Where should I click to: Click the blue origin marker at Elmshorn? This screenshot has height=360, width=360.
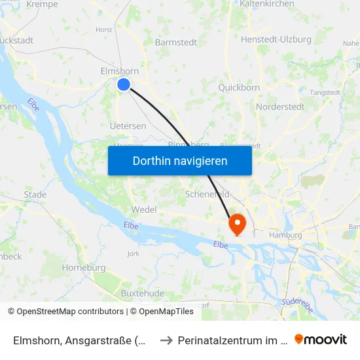[x=124, y=84]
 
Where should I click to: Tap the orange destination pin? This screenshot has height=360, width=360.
[x=236, y=224]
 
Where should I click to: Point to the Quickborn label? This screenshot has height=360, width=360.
[x=239, y=87]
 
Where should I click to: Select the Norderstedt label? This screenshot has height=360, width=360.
[x=280, y=107]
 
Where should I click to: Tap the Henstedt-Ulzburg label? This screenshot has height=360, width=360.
[x=276, y=39]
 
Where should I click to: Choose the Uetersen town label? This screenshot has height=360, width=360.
[x=128, y=126]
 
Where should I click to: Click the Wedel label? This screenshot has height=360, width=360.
[x=144, y=209]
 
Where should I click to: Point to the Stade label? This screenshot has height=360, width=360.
[x=35, y=194]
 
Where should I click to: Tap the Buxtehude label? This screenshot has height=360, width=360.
[x=143, y=293]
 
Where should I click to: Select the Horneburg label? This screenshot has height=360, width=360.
[x=84, y=268]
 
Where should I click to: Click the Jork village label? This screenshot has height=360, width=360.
[x=133, y=253]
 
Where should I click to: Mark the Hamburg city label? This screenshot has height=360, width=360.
[x=285, y=235]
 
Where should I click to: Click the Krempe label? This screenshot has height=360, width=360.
[x=42, y=5]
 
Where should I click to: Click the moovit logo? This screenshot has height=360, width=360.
[x=321, y=339]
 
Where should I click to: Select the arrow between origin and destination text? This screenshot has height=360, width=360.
[x=166, y=340]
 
